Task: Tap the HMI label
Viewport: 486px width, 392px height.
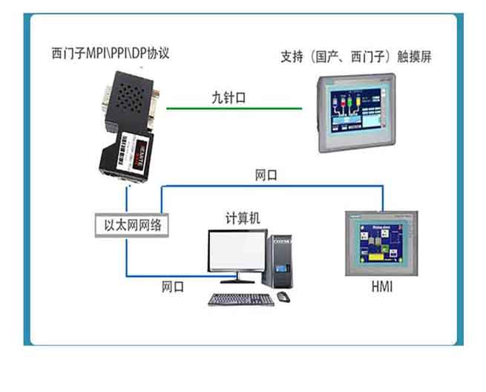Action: click(381, 287)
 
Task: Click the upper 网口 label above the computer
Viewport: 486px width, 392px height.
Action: click(266, 176)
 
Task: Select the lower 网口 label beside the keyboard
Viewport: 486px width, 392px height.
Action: click(174, 286)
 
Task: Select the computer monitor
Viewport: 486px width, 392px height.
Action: click(237, 252)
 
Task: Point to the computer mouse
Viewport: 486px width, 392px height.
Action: click(283, 297)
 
